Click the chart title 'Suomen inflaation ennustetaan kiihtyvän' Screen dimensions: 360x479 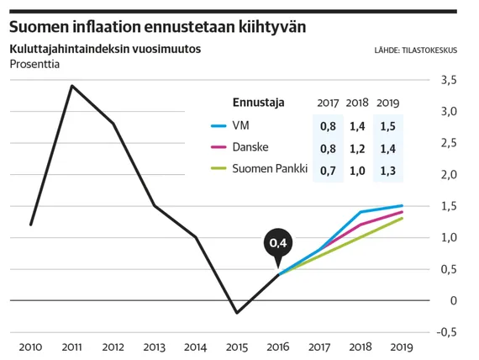click(x=156, y=26)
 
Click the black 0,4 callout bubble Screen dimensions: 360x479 click(x=278, y=244)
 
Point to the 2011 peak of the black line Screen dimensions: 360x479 click(x=71, y=86)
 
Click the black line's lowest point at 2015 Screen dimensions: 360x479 click(x=237, y=313)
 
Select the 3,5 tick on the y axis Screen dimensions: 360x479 click(x=449, y=81)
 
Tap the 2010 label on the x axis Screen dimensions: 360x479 click(x=30, y=347)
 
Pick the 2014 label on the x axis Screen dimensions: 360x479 click(x=196, y=347)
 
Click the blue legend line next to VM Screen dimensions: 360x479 click(x=218, y=126)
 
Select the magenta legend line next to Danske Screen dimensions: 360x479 click(x=218, y=148)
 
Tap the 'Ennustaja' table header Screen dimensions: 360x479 click(x=257, y=103)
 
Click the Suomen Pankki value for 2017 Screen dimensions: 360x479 click(x=329, y=170)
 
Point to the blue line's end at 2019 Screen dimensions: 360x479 click(x=402, y=205)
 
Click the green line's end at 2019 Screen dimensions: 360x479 click(x=402, y=218)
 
